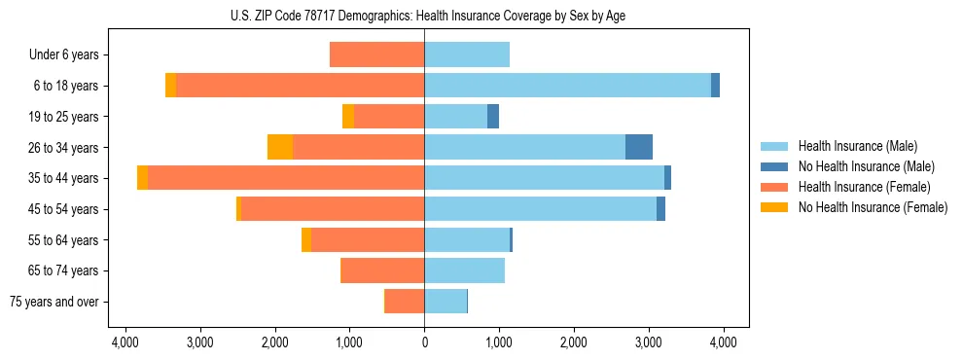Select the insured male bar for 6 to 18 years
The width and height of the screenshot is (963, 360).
567,86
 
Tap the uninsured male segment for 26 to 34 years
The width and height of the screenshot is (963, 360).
639,147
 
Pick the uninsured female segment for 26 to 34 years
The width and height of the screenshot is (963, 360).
280,147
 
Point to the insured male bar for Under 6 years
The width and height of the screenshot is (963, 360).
467,54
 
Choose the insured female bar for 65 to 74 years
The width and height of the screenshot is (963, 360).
382,270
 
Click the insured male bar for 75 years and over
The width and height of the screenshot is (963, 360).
446,302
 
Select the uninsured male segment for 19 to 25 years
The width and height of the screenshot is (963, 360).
493,117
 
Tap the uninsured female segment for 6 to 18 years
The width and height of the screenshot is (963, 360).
171,86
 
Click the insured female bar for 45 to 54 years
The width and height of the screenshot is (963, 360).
332,209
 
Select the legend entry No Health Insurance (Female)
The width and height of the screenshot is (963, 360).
873,207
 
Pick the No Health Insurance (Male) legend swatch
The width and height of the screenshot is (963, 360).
774,166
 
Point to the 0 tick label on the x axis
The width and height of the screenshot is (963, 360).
424,342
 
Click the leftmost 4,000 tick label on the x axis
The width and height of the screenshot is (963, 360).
125,342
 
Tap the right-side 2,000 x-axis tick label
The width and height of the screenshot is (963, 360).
574,342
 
